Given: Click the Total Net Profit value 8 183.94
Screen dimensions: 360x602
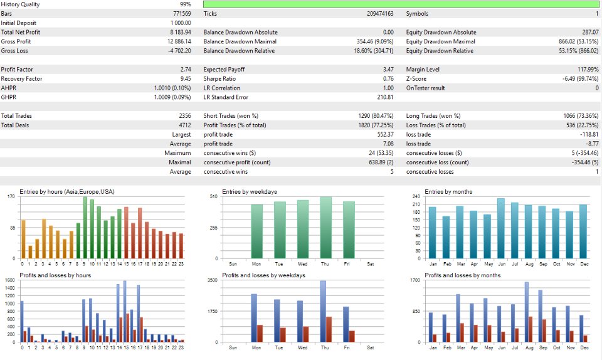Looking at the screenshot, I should click(180, 32).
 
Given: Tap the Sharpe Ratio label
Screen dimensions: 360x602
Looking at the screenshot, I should click(219, 78).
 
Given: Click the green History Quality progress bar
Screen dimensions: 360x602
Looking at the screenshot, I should click(401, 4).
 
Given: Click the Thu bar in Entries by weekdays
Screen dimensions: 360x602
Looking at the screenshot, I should click(325, 228).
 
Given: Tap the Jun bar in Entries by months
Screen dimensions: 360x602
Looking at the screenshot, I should click(501, 228).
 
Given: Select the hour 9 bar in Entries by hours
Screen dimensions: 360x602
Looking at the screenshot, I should click(85, 228).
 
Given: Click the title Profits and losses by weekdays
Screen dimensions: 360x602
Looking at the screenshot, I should click(263, 275).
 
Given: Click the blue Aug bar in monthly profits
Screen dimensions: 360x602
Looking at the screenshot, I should click(527, 312).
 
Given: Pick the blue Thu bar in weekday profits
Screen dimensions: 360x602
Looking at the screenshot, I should click(323, 311).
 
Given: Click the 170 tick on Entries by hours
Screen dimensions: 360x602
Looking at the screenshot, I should click(11, 197).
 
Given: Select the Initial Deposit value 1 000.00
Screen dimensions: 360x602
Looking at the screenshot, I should click(181, 23).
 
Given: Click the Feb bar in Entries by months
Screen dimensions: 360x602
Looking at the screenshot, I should click(446, 238).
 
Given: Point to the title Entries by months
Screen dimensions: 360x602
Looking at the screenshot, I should click(448, 191).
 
